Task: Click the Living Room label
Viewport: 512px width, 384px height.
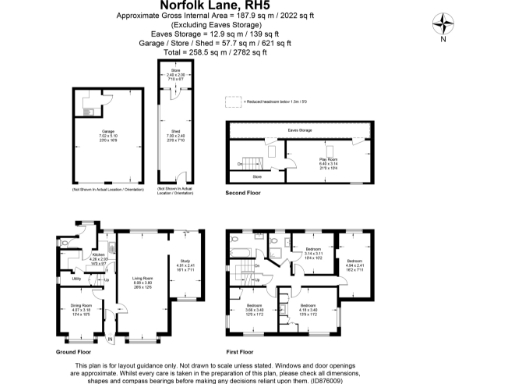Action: tap(142, 281)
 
